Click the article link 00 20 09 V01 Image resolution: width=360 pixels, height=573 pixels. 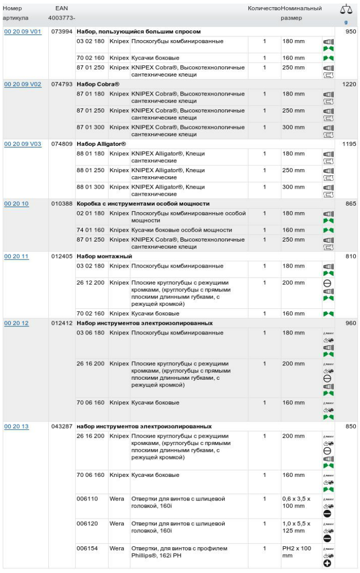click(23, 32)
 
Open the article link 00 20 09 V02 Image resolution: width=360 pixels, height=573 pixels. click(23, 84)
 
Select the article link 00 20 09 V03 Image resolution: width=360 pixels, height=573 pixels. click(23, 144)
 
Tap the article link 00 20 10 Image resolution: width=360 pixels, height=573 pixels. click(16, 204)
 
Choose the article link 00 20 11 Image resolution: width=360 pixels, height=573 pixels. click(16, 256)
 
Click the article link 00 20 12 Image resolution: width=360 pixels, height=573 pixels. click(16, 323)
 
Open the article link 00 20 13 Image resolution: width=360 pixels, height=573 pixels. click(16, 427)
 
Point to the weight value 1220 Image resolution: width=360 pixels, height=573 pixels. click(349, 84)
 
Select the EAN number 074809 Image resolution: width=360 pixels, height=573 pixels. click(62, 144)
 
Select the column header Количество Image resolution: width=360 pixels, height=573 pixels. click(264, 9)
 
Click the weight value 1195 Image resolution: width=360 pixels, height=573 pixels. click(349, 144)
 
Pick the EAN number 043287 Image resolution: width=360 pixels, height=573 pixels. click(62, 427)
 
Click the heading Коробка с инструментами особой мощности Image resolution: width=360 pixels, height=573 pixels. click(143, 204)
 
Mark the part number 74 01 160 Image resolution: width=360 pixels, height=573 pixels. click(91, 230)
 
